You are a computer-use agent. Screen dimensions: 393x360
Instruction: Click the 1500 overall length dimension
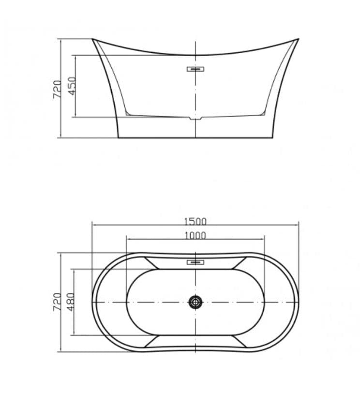(x=195, y=221)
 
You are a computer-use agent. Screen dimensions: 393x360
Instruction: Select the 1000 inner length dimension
(x=195, y=235)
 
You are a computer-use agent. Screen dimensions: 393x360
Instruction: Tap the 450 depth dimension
(x=72, y=86)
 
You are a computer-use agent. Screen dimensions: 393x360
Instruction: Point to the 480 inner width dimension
(x=72, y=302)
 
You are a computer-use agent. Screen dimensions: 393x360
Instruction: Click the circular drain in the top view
(x=195, y=302)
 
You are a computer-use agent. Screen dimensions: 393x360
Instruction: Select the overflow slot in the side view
(x=195, y=69)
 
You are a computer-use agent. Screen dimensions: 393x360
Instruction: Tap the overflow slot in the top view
(x=195, y=262)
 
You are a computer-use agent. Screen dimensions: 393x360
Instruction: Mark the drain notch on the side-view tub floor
(x=195, y=118)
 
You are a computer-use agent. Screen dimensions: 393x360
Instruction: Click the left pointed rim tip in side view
(x=93, y=39)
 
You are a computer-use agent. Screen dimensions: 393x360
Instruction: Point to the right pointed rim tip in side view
(x=298, y=39)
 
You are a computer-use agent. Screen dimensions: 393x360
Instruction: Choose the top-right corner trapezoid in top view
(x=237, y=263)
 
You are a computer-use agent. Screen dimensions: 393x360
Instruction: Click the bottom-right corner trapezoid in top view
(x=237, y=341)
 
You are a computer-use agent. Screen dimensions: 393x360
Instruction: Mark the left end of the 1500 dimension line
(x=92, y=225)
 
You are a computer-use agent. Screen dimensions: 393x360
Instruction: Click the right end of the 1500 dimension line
(x=299, y=225)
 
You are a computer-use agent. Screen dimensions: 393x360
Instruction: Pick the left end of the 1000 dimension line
(x=126, y=239)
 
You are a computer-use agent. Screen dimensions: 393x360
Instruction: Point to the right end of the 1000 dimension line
(x=265, y=239)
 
